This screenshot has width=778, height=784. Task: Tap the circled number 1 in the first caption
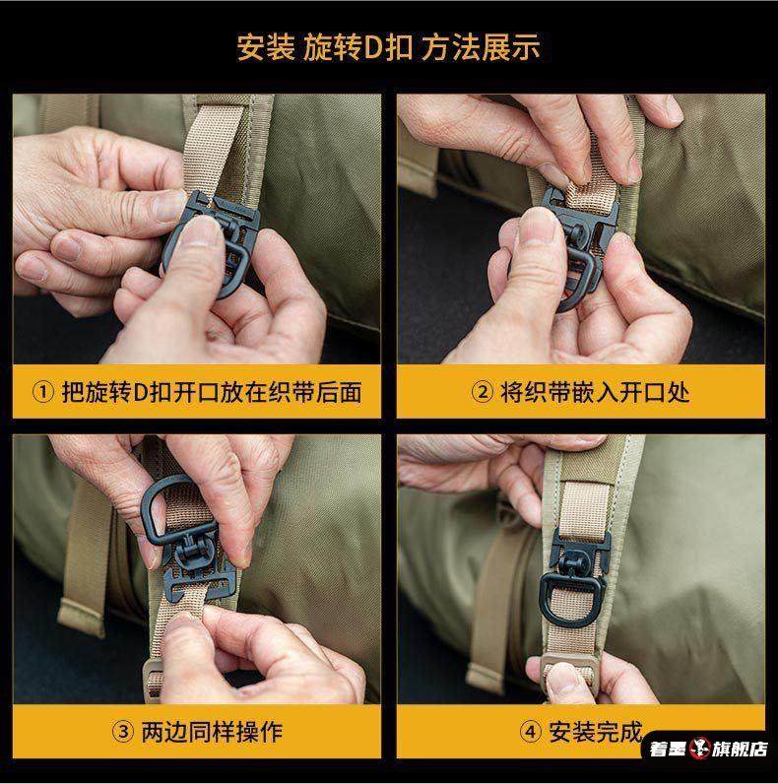point(43,392)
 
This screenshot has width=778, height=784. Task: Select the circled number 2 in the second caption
point(482,392)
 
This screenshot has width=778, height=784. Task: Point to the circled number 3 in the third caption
point(122,732)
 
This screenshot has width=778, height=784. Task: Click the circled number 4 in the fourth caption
point(531,732)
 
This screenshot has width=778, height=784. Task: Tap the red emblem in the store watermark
point(699,748)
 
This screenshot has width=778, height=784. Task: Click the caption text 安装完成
point(595,732)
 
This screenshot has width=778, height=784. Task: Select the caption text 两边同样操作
point(212,732)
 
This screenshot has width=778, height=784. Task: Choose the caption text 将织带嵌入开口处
point(595,392)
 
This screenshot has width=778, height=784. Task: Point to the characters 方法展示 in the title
point(480,48)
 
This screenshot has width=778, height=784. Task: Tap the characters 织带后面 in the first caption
point(314,392)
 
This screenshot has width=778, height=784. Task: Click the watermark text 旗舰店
point(740,749)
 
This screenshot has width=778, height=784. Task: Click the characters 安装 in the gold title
point(266,48)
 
